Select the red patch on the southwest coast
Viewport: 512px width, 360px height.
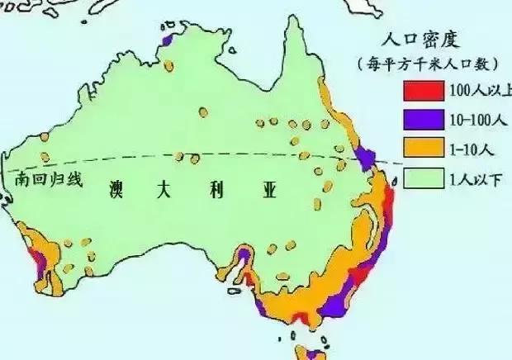coord(33,262)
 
